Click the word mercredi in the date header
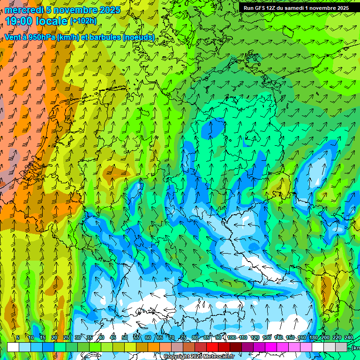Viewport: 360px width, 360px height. click(22, 10)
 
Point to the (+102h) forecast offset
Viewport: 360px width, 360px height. click(83, 21)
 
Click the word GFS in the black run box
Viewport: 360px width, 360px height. click(260, 8)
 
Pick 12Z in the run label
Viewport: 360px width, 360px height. click(273, 8)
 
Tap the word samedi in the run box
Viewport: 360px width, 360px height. click(295, 8)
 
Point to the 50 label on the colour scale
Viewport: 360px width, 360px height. click(125, 337)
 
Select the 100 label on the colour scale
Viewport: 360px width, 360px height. click(231, 337)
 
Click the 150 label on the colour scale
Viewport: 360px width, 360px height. click(290, 337)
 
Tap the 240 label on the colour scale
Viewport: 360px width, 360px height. click(349, 337)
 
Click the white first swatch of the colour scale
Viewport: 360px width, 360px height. click(13, 347)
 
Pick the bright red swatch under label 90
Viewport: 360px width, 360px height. click(212, 347)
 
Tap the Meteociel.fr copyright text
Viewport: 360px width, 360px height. click(199, 357)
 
